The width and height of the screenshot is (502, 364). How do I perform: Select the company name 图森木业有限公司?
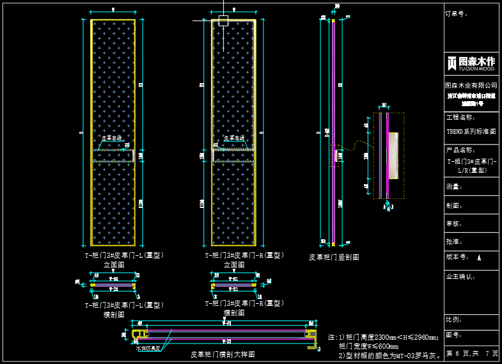(x=471, y=85)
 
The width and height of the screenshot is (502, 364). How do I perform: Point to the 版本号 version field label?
(x=458, y=257)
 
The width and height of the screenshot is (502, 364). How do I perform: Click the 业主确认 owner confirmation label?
(x=460, y=277)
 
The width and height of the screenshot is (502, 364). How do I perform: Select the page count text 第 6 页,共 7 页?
(x=471, y=353)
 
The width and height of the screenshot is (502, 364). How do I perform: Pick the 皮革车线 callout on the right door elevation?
(x=233, y=138)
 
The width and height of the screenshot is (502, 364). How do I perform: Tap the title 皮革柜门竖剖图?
(x=333, y=257)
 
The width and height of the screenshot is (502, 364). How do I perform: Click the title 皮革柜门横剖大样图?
(x=223, y=354)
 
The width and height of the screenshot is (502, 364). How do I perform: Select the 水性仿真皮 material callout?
(x=148, y=348)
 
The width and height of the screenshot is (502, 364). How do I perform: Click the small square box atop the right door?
(x=223, y=21)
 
